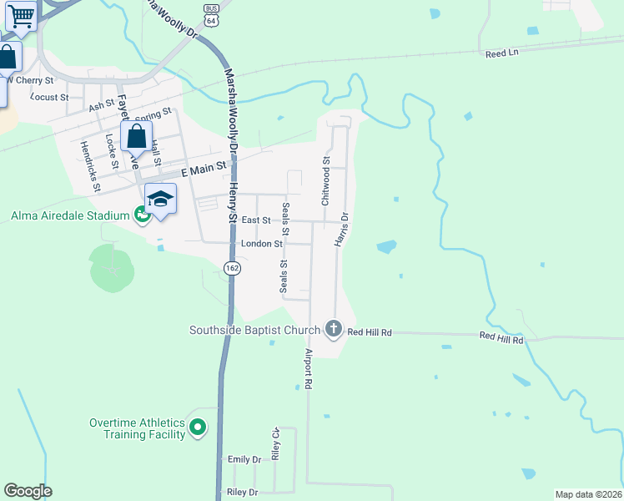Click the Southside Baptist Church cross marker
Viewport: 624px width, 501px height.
[x=334, y=328]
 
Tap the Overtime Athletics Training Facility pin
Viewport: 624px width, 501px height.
[x=198, y=428]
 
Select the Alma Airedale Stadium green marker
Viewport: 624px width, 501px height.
[x=142, y=215]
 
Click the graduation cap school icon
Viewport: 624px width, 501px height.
[x=160, y=199]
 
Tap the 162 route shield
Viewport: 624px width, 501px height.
[x=232, y=267]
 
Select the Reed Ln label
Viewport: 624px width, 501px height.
[x=501, y=53]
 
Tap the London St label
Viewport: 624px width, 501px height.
[x=261, y=244]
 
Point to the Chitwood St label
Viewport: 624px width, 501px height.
[x=326, y=181]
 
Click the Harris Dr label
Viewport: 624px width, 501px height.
[x=341, y=229]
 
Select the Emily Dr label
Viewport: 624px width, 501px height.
[x=244, y=459]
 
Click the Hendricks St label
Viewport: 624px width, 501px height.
[x=89, y=165]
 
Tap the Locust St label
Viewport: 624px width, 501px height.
[x=49, y=97]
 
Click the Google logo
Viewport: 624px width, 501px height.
[x=28, y=491]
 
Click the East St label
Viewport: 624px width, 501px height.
[x=256, y=220]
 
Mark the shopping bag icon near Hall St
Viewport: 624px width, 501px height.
[x=136, y=137]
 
